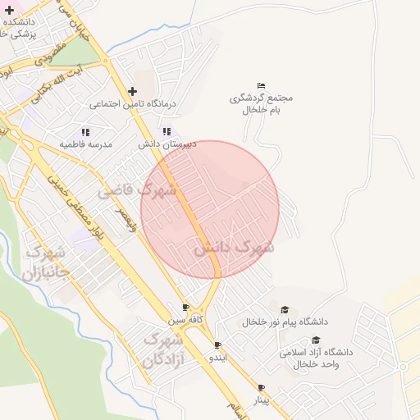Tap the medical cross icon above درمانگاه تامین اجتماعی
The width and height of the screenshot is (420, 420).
click(132, 91)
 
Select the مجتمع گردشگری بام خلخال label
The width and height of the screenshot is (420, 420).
click(261, 103)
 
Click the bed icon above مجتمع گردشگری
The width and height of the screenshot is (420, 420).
click(261, 85)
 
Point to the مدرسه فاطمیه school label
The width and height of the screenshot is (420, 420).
click(84, 144)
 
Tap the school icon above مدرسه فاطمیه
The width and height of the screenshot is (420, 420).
click(84, 131)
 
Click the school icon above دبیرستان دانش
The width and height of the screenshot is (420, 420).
click(167, 131)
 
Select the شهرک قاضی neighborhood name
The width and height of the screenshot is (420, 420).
click(138, 192)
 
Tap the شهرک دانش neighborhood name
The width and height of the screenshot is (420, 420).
click(234, 247)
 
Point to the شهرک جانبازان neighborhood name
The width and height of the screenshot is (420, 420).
click(47, 263)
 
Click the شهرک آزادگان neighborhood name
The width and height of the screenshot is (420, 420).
click(162, 349)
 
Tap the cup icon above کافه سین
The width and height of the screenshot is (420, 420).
click(185, 308)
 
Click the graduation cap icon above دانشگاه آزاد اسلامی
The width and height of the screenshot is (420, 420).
click(316, 340)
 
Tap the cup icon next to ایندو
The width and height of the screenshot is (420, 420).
click(217, 345)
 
